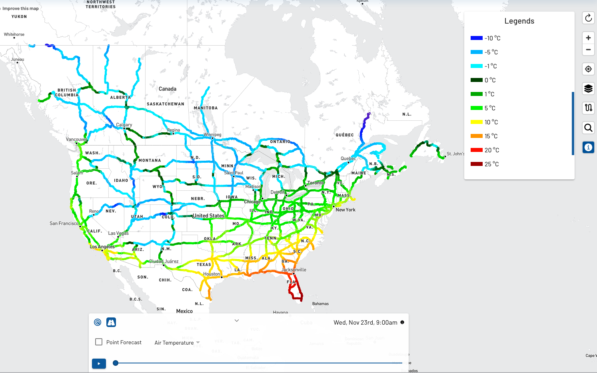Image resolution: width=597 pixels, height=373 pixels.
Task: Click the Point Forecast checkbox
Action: click(x=99, y=342)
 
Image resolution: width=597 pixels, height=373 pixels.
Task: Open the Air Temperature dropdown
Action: click(x=177, y=343)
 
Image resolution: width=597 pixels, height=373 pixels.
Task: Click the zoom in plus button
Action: click(x=588, y=38)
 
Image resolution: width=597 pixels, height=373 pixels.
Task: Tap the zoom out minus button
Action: click(x=588, y=50)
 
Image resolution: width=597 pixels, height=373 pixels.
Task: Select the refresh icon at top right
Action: click(x=588, y=18)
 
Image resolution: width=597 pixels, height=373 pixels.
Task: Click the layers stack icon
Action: click(x=588, y=88)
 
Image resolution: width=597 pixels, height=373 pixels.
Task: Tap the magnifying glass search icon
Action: click(x=588, y=128)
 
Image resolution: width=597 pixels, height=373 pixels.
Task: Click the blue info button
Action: click(x=588, y=148)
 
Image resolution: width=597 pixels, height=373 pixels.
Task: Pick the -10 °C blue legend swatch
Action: click(x=476, y=38)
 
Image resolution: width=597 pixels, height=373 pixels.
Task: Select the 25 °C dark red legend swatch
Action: click(x=476, y=164)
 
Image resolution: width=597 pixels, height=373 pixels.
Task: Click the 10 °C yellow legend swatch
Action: click(x=476, y=122)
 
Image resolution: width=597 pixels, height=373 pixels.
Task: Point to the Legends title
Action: click(x=519, y=21)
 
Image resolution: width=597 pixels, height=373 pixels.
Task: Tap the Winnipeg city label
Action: click(x=212, y=135)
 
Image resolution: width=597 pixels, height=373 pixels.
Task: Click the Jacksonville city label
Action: click(x=294, y=270)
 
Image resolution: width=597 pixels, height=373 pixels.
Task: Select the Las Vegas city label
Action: click(x=118, y=233)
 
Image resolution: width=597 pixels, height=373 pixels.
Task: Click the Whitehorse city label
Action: click(x=14, y=34)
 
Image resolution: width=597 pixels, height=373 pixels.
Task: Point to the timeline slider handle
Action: click(x=116, y=363)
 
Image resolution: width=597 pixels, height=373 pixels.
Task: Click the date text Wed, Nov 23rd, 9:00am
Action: click(x=365, y=323)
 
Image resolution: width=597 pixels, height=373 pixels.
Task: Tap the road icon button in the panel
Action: click(x=111, y=322)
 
